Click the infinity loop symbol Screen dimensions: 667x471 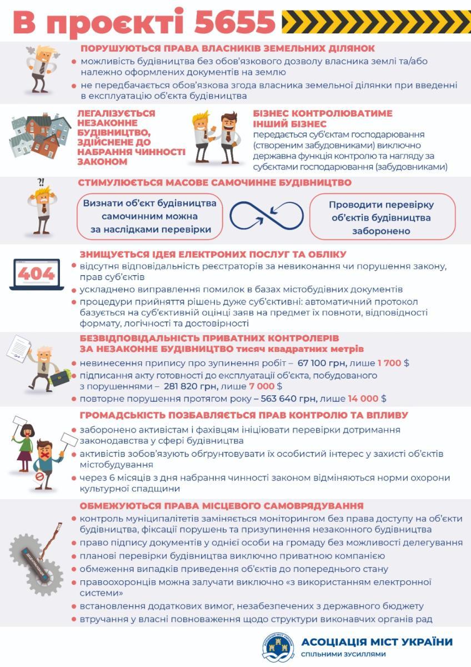pos(267,216)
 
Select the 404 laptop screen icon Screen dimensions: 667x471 pos(36,274)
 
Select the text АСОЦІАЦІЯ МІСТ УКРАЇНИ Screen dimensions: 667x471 pos(377,642)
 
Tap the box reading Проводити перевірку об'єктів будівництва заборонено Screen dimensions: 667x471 pos(382,217)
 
